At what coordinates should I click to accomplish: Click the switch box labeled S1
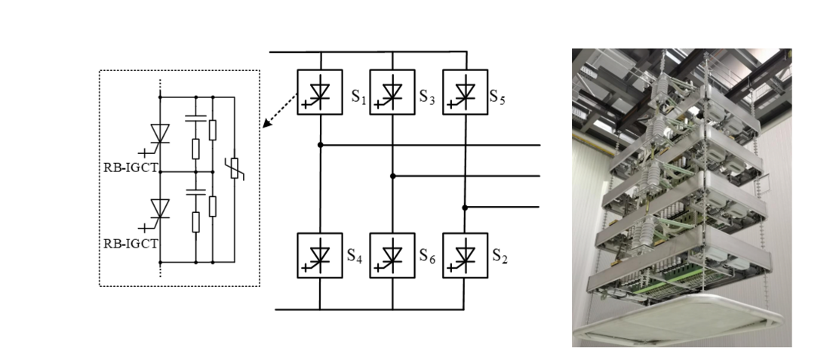point(320,91)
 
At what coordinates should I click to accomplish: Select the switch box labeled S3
point(392,91)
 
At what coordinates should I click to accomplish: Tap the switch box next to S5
point(465,91)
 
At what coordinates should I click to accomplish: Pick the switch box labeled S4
point(320,255)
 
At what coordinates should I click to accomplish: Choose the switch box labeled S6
point(392,255)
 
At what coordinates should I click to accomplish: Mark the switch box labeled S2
point(465,255)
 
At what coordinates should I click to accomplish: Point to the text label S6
point(427,256)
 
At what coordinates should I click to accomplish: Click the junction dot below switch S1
point(320,144)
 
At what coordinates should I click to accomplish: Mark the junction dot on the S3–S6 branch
point(392,175)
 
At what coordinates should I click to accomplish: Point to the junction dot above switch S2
point(465,206)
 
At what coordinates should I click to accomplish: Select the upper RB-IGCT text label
point(131,167)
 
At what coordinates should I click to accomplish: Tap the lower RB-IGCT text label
point(131,243)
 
